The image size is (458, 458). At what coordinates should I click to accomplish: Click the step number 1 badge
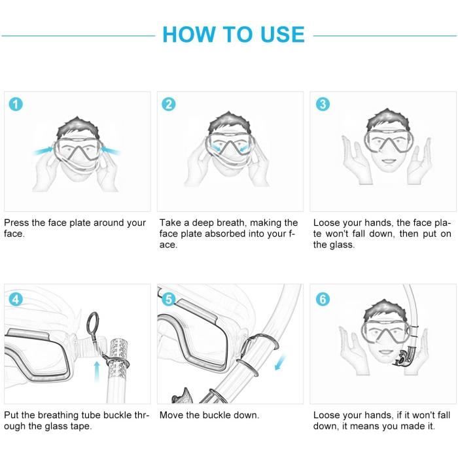coord(16,104)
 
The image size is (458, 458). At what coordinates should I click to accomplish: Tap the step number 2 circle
coord(169,104)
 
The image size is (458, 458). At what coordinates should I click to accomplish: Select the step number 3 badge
coord(323,104)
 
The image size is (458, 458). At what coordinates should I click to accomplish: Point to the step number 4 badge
coord(16,299)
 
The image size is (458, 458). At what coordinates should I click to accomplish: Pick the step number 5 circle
coord(169,299)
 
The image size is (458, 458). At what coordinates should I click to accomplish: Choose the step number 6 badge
coord(323,299)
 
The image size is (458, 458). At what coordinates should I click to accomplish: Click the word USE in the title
coord(283,35)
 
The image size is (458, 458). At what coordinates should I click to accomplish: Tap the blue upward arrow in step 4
coord(97,372)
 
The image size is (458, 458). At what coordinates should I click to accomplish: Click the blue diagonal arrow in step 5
coord(281,362)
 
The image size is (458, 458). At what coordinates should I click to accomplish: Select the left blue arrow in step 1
coord(43,150)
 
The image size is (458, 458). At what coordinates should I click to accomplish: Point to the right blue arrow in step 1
coord(110,150)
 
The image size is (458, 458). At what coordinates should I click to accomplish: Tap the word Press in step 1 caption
coord(16,223)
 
